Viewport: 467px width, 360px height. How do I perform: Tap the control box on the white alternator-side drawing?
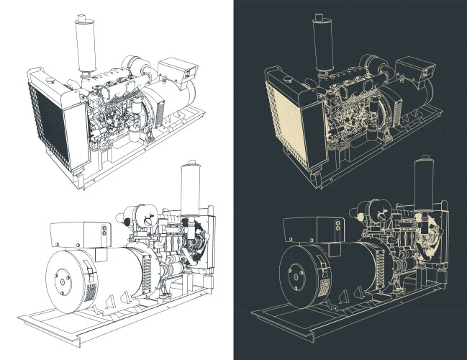78,235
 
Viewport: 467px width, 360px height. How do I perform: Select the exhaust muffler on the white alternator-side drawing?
190,191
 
